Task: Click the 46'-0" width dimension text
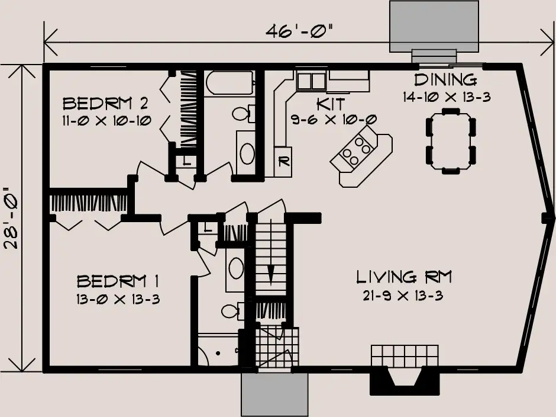[300, 31]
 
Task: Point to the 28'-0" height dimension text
[12, 217]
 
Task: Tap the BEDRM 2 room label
[105, 104]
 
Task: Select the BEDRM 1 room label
[118, 281]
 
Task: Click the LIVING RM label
[404, 277]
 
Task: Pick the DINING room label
[445, 80]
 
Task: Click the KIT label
[331, 104]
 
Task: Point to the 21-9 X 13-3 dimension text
[403, 296]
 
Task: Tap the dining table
[451, 140]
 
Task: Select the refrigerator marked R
[283, 162]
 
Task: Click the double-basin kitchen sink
[311, 81]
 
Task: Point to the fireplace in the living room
[405, 370]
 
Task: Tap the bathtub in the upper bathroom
[229, 83]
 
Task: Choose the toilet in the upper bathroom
[244, 113]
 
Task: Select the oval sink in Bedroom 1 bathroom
[236, 268]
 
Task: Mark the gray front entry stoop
[275, 394]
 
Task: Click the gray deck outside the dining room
[434, 26]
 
